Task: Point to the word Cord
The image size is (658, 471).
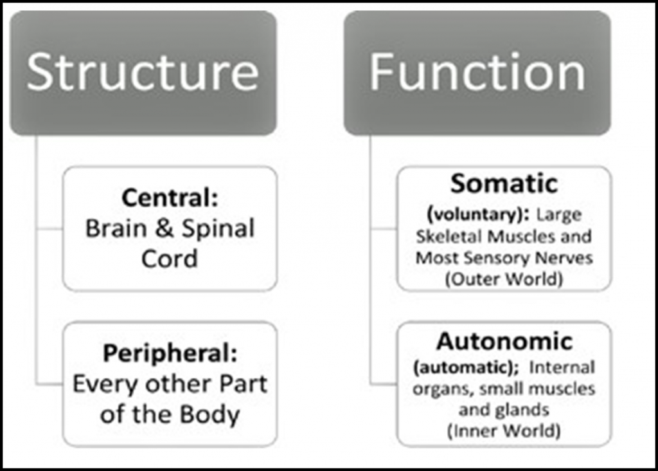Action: (170, 259)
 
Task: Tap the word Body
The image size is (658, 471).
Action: (215, 414)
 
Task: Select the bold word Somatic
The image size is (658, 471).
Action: (504, 184)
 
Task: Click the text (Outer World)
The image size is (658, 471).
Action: (504, 280)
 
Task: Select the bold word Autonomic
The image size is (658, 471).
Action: (504, 341)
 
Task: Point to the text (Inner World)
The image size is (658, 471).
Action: (504, 430)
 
